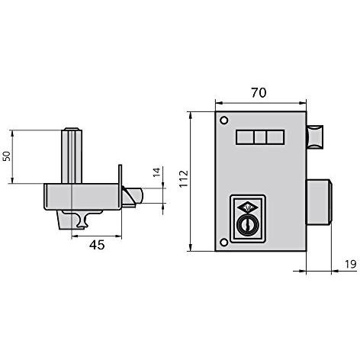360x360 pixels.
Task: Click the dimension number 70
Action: tap(259, 93)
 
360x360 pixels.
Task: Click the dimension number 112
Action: tap(184, 178)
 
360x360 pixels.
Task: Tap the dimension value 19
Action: tap(351, 265)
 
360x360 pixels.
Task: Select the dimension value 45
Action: tap(97, 245)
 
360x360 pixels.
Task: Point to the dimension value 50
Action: tap(6, 156)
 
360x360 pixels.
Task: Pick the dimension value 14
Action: tap(157, 172)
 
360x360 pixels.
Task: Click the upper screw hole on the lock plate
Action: tap(224, 121)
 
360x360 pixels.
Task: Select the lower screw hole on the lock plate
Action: tap(224, 243)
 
